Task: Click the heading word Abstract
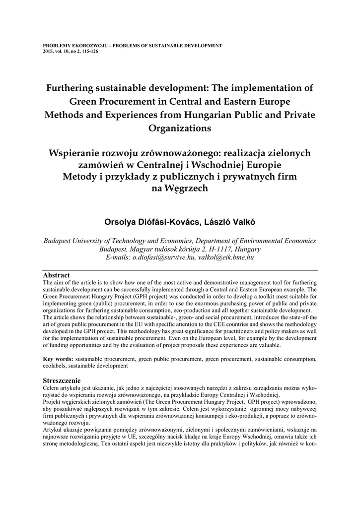coord(56,275)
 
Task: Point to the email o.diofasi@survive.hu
coord(162,258)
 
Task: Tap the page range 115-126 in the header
coord(88,51)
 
